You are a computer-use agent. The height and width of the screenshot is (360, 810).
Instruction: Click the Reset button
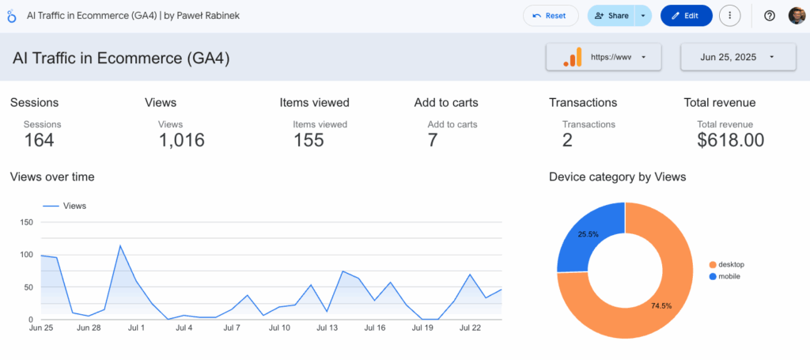point(550,16)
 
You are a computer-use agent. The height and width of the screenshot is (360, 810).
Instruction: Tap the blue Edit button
point(686,16)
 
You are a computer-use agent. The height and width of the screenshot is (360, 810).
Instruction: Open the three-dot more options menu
point(729,16)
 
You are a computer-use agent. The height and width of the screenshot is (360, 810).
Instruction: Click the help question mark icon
point(769,16)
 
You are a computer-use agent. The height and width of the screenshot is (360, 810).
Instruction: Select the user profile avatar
point(796,16)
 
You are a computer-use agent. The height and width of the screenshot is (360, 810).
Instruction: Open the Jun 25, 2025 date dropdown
point(737,57)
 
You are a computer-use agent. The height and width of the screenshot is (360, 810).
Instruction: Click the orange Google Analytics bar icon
point(572,57)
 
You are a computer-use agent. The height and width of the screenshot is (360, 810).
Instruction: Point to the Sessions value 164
point(39,141)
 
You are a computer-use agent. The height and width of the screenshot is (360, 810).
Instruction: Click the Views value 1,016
point(181,141)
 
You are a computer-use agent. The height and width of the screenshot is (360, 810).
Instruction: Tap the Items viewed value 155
point(308,141)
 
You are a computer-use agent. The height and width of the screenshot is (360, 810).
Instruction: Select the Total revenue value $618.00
point(730,141)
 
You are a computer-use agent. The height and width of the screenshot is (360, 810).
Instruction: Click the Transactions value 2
point(567,141)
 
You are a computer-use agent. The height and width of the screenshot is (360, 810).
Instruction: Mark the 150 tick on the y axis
point(25,222)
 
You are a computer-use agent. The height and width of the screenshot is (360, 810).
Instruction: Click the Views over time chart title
point(52,177)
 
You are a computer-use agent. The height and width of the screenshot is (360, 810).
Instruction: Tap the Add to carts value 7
point(433,141)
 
